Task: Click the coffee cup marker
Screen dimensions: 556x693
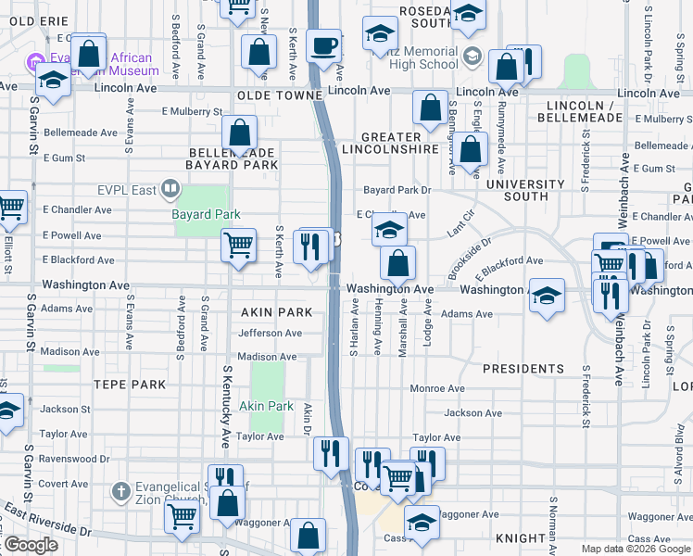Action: point(323,47)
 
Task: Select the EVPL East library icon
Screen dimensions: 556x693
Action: point(170,190)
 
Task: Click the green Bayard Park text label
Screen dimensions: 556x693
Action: point(206,214)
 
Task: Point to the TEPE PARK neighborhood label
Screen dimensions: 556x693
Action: point(129,385)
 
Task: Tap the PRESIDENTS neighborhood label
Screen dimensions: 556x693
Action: point(523,369)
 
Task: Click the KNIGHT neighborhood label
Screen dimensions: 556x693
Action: point(521,538)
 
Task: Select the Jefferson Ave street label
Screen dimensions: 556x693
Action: point(270,334)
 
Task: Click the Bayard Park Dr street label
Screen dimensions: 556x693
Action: point(397,190)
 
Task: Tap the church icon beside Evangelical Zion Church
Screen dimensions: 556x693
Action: point(120,490)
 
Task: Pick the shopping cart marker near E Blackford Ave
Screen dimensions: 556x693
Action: point(238,246)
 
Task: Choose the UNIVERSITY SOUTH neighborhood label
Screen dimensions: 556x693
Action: point(524,190)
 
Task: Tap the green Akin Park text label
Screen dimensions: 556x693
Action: point(266,406)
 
